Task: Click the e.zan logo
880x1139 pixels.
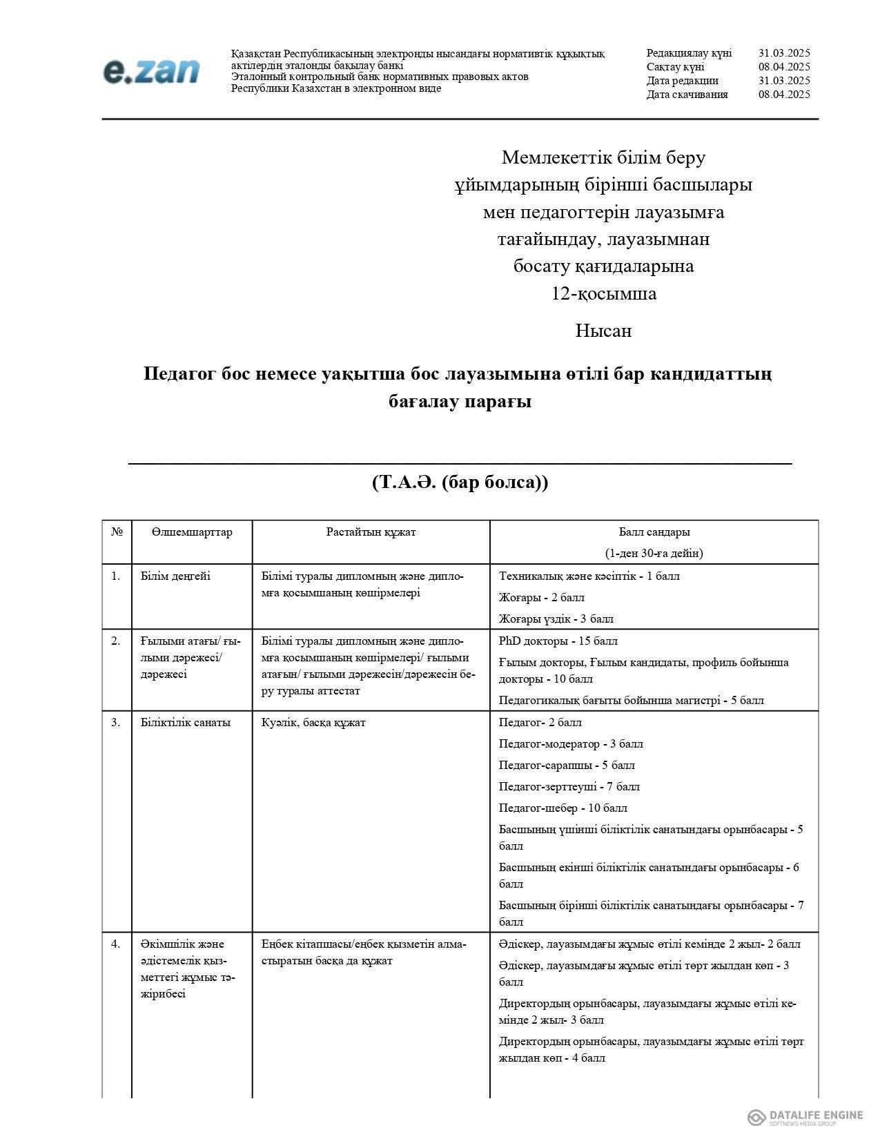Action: coord(151,71)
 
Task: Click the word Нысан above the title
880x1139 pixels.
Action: coord(603,331)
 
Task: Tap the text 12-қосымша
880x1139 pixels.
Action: coord(603,293)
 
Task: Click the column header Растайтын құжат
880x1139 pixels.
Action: coord(371,532)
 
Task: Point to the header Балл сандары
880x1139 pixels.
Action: coord(654,532)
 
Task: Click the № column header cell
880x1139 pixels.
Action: coord(117,532)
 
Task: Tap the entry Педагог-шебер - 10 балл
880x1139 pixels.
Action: coord(563,808)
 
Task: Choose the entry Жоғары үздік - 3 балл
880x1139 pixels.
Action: coord(556,619)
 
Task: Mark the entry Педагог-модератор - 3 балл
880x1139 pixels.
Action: coord(570,743)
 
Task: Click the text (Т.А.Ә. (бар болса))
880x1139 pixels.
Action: coord(460,482)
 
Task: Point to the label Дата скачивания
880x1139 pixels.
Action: coord(687,95)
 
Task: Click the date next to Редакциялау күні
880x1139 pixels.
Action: coord(783,53)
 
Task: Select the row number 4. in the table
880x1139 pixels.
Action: coord(116,944)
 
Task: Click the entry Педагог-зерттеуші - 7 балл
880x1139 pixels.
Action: coord(569,786)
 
